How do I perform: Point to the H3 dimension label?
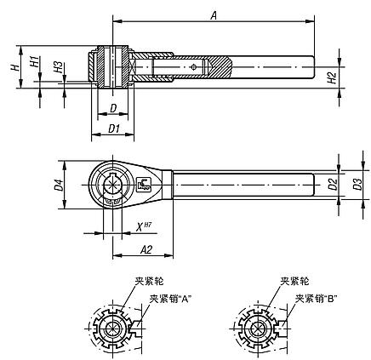[x=57, y=67]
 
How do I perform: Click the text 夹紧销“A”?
[x=168, y=299]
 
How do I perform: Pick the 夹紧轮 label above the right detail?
[x=293, y=282]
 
